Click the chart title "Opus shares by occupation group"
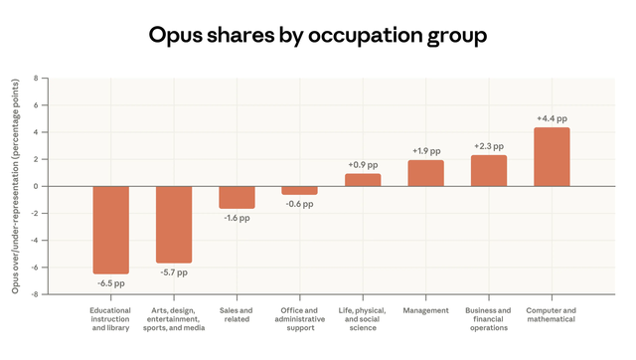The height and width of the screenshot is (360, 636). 318,36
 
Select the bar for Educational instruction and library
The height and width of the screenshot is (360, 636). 110,230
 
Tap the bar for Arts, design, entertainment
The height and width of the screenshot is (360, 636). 174,224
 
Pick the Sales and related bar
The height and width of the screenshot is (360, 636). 237,197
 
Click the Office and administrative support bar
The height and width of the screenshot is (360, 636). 299,190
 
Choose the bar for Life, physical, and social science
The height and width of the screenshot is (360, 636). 363,180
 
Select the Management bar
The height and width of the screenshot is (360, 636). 425,173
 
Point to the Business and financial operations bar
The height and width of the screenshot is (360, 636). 489,170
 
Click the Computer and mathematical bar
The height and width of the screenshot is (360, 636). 552,156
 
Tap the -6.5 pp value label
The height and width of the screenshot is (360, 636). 110,283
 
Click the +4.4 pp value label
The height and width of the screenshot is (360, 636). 552,118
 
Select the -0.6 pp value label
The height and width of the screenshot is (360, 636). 299,204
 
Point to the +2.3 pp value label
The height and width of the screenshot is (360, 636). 489,146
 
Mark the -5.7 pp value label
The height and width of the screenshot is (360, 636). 174,272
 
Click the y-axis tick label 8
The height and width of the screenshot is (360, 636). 36,78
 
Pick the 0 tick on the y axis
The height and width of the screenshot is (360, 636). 36,186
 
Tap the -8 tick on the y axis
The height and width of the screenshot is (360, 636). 34,294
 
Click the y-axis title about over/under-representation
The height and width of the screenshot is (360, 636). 15,186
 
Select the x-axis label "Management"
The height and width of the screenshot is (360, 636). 425,310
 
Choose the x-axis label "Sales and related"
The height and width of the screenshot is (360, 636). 237,315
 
